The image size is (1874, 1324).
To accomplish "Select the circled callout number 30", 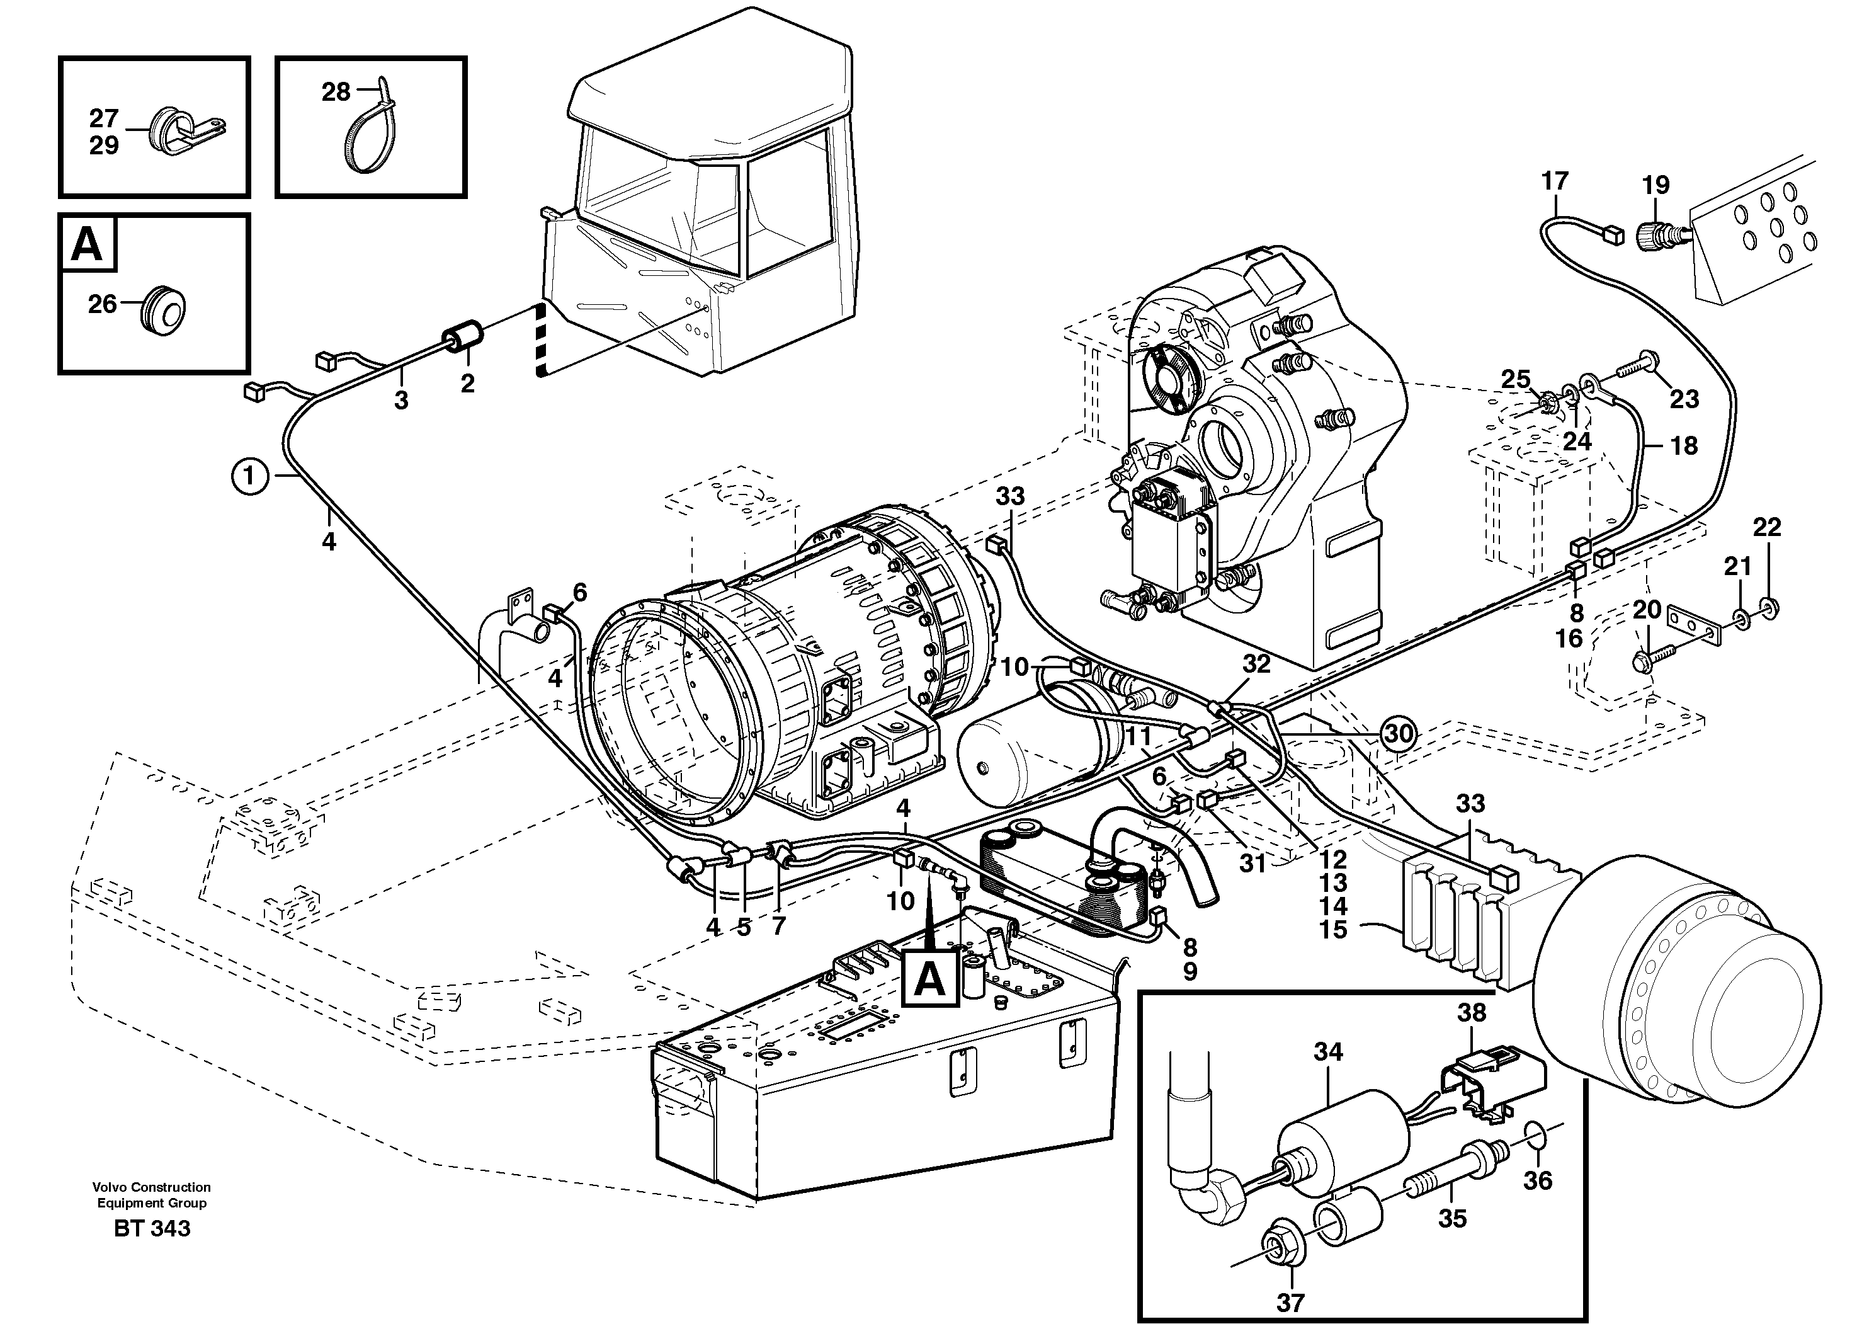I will coord(1398,734).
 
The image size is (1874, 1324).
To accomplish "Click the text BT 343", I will coord(152,1228).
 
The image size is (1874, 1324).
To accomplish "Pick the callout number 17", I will coord(1555,181).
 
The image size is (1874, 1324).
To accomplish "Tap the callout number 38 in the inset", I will coord(1472,1012).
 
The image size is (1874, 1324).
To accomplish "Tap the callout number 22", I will coord(1767,527).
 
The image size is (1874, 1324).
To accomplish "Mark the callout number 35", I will coord(1452,1219).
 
